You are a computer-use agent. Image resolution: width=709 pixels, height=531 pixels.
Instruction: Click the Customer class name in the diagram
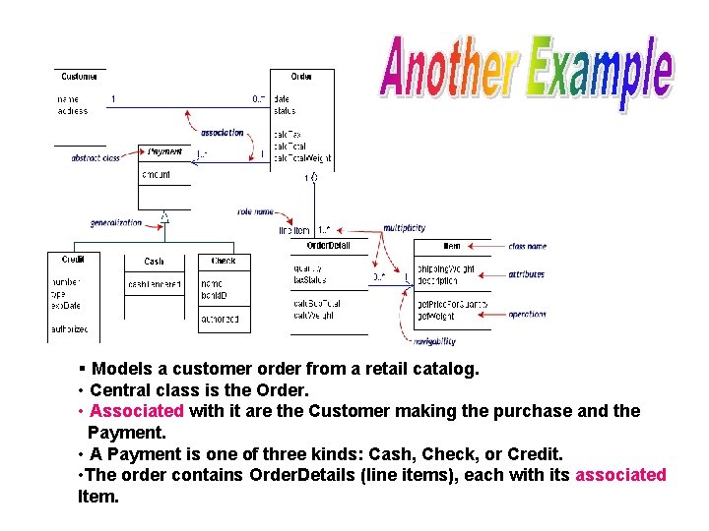click(x=79, y=77)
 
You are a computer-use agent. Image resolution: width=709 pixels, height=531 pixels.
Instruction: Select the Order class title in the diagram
click(x=301, y=77)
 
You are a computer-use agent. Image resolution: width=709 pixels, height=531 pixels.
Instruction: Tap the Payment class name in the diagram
click(x=164, y=152)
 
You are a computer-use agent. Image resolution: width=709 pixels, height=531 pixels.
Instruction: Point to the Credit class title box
click(x=73, y=261)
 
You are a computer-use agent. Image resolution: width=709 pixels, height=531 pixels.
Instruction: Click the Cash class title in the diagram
click(x=154, y=262)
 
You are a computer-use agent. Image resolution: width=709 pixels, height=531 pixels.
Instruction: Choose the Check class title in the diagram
click(x=224, y=261)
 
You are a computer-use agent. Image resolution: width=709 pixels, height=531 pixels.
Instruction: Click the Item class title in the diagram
click(x=452, y=245)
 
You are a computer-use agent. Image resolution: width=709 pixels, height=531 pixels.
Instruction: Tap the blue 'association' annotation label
click(x=222, y=133)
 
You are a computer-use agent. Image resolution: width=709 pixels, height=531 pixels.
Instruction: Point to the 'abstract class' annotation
click(x=96, y=158)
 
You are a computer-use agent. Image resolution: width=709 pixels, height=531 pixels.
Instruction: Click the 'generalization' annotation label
click(x=116, y=223)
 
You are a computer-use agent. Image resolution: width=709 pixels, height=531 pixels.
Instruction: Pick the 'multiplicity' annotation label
click(x=404, y=228)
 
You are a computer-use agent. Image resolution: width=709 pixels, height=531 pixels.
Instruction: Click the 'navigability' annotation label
click(x=434, y=341)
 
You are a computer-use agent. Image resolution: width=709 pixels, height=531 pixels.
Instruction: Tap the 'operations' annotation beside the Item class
click(x=527, y=315)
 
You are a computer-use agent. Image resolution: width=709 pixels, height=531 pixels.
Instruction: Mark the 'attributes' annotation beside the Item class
click(x=527, y=274)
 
